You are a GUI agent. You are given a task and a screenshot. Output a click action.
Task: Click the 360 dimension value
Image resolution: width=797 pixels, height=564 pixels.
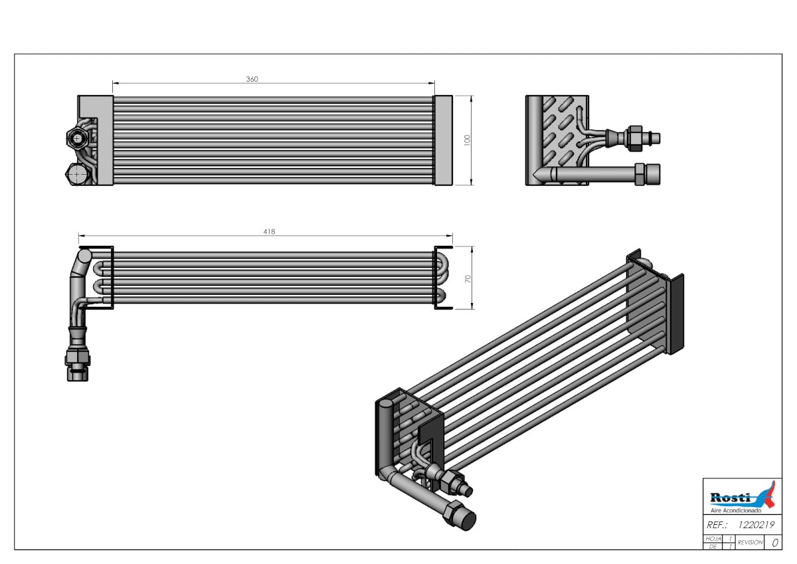(252, 79)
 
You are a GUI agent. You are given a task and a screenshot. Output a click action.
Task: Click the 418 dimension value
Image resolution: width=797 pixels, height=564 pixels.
(269, 231)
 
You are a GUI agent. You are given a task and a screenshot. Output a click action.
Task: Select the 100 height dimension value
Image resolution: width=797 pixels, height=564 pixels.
(467, 140)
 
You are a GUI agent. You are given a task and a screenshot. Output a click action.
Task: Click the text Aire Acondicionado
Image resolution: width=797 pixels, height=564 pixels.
(736, 510)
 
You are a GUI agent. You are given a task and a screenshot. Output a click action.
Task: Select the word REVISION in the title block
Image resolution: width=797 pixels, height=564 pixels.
(750, 543)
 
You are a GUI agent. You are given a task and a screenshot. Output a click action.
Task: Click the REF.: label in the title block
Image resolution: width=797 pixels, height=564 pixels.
(717, 524)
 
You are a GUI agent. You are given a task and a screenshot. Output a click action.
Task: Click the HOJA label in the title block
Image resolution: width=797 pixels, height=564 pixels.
(713, 539)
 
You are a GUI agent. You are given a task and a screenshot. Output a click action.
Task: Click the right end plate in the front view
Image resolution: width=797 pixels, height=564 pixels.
(443, 140)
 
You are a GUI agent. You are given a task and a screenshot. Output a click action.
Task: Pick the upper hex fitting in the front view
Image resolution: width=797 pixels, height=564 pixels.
(76, 138)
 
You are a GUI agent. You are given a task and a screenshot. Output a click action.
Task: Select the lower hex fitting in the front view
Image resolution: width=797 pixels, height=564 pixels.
(76, 174)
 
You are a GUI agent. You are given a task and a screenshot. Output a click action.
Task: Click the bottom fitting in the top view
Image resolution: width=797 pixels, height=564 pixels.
(77, 362)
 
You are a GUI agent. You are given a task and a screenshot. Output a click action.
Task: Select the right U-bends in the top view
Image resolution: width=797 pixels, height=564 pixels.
(444, 277)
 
